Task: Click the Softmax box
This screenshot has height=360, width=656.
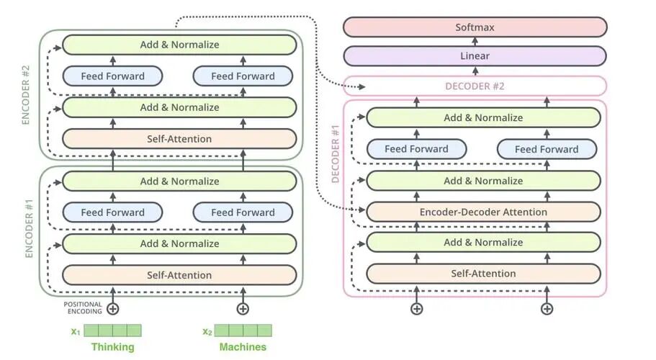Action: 475,27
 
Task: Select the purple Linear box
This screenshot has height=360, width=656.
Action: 475,56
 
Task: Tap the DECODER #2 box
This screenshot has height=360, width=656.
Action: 475,86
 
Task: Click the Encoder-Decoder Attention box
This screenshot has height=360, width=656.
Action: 483,212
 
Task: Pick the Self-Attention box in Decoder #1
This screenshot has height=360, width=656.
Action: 483,274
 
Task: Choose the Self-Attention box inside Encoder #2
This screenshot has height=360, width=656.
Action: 179,139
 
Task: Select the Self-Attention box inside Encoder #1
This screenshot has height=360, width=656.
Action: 179,275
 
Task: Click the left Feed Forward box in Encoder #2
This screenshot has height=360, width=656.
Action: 112,76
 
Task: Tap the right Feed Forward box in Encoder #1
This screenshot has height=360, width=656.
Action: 243,212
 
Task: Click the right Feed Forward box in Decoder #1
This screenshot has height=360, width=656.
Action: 547,149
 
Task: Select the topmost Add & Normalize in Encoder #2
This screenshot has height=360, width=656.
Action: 179,45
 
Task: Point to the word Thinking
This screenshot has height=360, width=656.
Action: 113,347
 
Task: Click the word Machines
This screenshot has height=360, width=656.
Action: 243,347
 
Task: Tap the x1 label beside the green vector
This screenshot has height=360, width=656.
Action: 76,332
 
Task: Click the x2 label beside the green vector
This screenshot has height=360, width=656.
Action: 207,332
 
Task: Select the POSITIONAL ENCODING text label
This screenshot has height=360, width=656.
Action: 82,307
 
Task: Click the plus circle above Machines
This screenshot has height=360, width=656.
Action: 243,309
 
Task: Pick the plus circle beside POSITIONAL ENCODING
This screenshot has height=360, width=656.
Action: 112,309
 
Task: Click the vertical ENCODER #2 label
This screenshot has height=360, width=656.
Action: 25,94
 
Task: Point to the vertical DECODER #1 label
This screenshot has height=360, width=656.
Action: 335,154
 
